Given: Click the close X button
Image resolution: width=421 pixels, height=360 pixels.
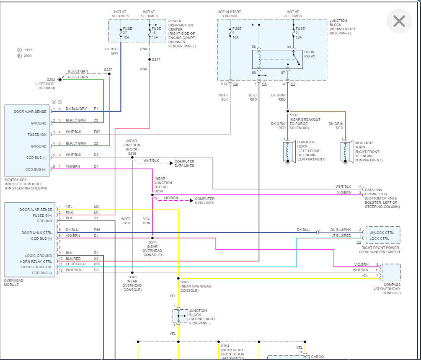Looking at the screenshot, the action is pyautogui.click(x=399, y=21).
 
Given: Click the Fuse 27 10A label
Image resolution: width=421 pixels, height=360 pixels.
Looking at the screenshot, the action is pyautogui.click(x=127, y=33).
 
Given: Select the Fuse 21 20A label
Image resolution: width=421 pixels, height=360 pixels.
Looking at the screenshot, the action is pyautogui.click(x=300, y=33).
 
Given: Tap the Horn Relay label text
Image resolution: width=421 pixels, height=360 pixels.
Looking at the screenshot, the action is pyautogui.click(x=310, y=54).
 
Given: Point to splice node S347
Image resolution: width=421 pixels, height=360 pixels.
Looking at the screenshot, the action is pyautogui.click(x=150, y=60).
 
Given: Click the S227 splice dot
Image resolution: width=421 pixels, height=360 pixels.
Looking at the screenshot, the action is pyautogui.click(x=109, y=74).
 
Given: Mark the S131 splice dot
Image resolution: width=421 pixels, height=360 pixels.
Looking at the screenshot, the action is pyautogui.click(x=288, y=111).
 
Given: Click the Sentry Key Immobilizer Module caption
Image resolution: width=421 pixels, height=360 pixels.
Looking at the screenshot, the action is pyautogui.click(x=26, y=184).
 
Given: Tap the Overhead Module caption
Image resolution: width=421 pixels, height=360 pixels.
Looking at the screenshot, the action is pyautogui.click(x=14, y=282).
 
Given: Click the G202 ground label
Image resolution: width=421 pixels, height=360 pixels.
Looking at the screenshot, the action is pyautogui.click(x=51, y=80).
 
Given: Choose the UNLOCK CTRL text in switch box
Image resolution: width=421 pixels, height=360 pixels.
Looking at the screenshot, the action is pyautogui.click(x=382, y=233).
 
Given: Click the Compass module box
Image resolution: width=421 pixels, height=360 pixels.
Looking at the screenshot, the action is pyautogui.click(x=391, y=272).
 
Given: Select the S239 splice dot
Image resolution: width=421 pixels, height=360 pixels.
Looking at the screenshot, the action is pyautogui.click(x=152, y=195).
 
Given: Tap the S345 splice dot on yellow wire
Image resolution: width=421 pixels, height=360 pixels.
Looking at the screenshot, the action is pyautogui.click(x=178, y=278).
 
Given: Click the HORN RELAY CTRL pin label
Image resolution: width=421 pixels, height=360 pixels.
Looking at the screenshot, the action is pyautogui.click(x=36, y=262).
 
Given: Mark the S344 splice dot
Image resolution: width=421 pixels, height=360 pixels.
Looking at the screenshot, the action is pyautogui.click(x=152, y=238).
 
